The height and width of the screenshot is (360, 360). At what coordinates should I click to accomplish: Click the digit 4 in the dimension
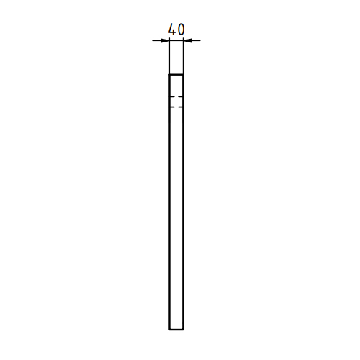click(x=172, y=30)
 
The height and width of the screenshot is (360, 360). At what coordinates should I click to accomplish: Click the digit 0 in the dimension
click(x=181, y=30)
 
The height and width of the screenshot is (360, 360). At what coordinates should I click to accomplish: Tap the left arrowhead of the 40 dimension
click(x=165, y=40)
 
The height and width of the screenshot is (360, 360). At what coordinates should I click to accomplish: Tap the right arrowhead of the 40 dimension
click(x=188, y=40)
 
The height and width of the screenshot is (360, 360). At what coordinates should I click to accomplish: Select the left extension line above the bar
click(x=169, y=55)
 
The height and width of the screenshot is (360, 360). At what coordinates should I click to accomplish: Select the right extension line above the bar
click(x=184, y=55)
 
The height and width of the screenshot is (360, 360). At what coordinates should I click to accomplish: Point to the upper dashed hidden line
click(x=176, y=96)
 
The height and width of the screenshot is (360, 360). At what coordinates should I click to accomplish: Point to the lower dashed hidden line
click(x=176, y=107)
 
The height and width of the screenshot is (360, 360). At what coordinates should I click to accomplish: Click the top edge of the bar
click(x=176, y=75)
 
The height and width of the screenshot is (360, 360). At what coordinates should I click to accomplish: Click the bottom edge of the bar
click(x=176, y=330)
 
